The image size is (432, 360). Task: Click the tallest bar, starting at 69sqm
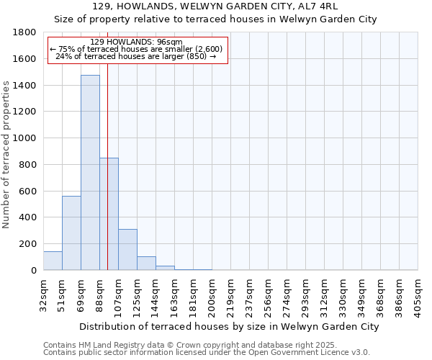click(x=90, y=173)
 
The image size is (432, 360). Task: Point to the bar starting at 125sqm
click(x=146, y=264)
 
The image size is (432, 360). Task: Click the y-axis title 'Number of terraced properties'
click(x=7, y=154)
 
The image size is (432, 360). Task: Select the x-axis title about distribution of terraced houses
click(x=229, y=327)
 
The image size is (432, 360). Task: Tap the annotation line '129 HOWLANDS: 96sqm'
click(x=137, y=42)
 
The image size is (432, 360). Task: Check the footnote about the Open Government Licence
click(x=207, y=353)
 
